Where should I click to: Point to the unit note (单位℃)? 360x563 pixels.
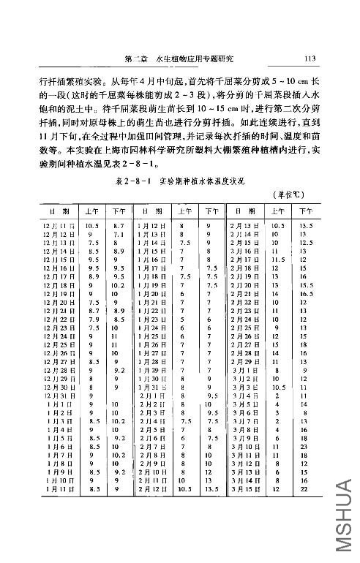(x=287, y=193)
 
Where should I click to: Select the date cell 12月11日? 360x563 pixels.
(x=56, y=227)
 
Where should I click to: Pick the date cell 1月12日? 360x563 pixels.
(x=151, y=227)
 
